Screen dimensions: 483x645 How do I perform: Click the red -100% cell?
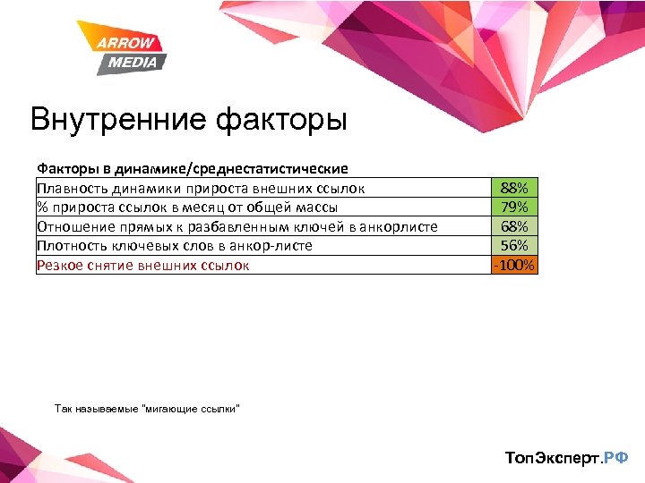[x=514, y=265]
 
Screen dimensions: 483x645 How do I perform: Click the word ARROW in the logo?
[x=127, y=44]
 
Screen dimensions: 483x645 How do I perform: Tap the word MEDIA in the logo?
[x=133, y=62]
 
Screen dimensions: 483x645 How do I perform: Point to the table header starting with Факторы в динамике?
[x=192, y=168]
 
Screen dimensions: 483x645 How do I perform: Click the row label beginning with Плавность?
[x=201, y=188]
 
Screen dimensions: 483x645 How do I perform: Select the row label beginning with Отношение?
[x=236, y=226]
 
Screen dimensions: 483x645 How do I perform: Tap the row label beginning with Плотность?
[x=174, y=245]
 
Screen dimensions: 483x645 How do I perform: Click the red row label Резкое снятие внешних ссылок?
[x=142, y=265]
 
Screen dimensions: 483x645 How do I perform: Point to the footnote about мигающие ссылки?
[x=147, y=409]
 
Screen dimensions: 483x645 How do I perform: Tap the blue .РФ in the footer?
[x=617, y=458]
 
